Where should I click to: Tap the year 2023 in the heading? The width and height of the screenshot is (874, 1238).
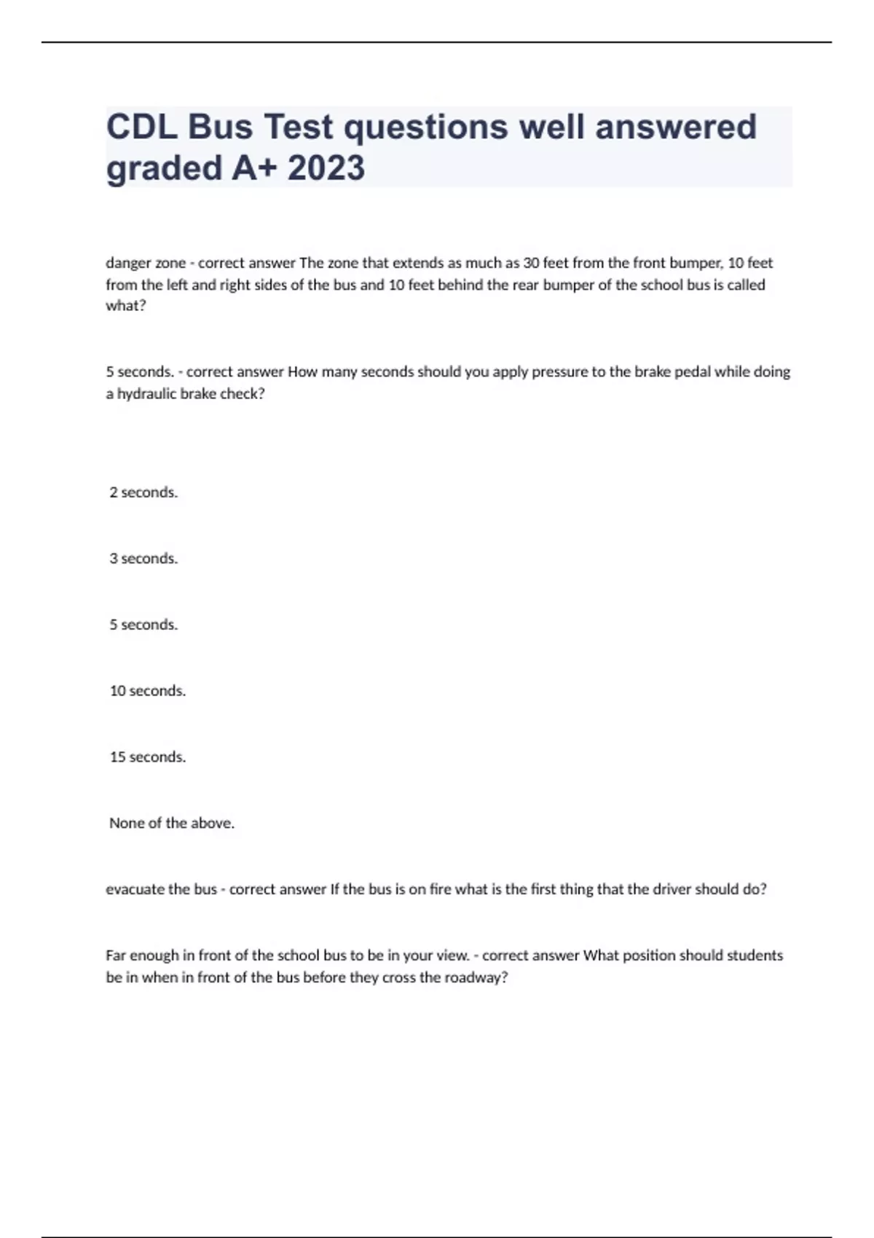click(x=326, y=168)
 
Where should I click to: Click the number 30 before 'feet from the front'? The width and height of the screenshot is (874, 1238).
click(x=531, y=263)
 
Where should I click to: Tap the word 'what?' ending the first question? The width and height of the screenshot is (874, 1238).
click(x=126, y=306)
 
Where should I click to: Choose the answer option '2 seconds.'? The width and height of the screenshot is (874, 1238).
click(x=143, y=492)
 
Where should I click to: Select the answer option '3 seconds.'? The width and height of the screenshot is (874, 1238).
click(x=143, y=559)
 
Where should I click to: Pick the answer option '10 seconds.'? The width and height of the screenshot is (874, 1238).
click(x=148, y=691)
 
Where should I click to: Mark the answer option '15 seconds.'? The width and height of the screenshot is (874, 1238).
click(x=148, y=757)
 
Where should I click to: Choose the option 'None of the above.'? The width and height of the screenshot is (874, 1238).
click(x=172, y=824)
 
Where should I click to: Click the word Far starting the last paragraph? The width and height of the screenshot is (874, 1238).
click(x=116, y=955)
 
